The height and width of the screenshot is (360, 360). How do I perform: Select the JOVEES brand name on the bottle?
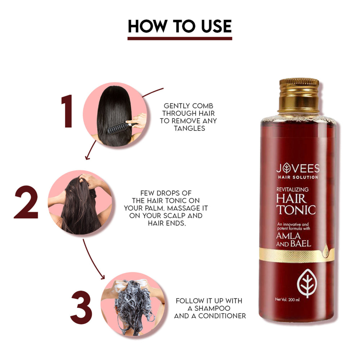[298, 168]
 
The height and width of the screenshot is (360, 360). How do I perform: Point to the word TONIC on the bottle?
[296, 210]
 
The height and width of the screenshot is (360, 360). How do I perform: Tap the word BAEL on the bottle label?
[301, 244]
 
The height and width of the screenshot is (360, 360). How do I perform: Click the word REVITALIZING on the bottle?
[292, 189]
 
